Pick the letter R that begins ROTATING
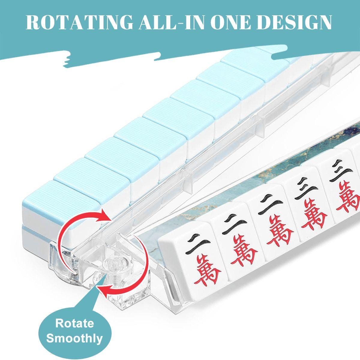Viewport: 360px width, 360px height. pyautogui.click(x=34, y=22)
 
